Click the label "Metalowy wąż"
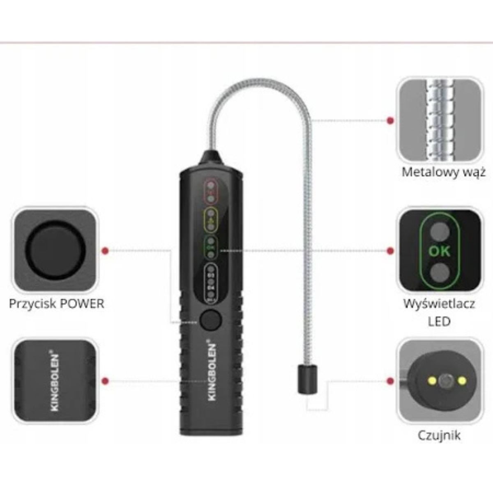pos(443,172)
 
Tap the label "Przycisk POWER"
pos(56,304)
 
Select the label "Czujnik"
pos(439,435)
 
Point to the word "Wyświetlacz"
pos(439,304)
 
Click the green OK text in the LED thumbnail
pos(439,251)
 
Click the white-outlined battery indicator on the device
pos(211,282)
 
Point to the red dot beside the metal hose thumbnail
pos(390,121)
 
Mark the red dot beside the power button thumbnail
pos(105,250)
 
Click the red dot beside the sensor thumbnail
pos(390,381)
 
